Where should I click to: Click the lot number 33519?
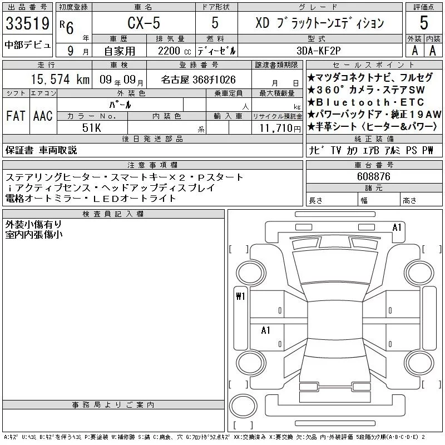(x=27, y=23)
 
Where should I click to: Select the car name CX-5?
(x=144, y=23)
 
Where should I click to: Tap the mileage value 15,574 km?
(x=60, y=79)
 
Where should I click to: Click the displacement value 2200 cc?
(x=174, y=51)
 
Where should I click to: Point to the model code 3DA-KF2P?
(x=318, y=51)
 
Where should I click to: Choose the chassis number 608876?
(x=374, y=176)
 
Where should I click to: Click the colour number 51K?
(x=91, y=128)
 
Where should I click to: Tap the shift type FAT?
(x=16, y=116)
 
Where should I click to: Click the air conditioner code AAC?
(x=43, y=116)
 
